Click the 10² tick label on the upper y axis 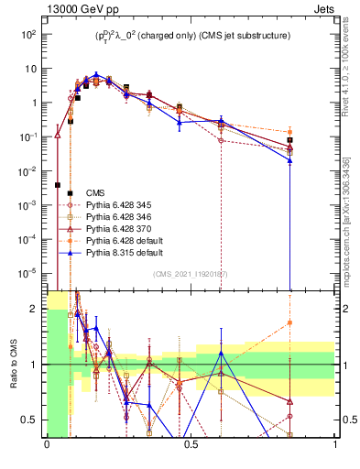[29, 35]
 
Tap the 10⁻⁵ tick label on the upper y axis [29, 272]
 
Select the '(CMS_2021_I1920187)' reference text [191, 274]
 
